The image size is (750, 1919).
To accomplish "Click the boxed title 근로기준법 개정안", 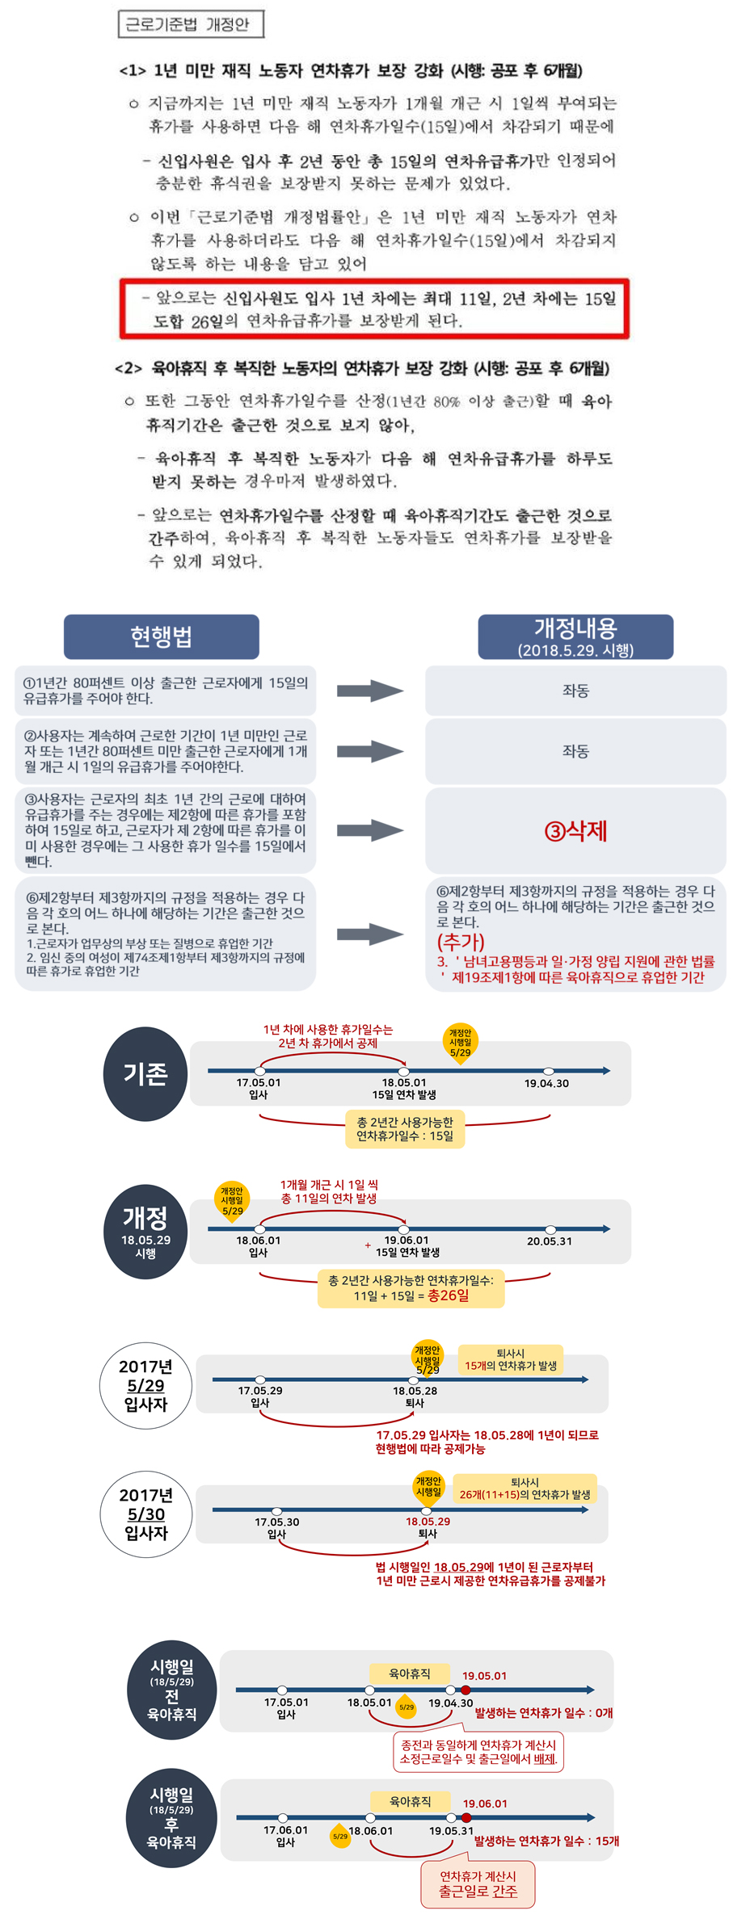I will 191,24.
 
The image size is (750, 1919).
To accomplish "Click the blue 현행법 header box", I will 162,636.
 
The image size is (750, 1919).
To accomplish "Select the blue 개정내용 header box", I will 575,636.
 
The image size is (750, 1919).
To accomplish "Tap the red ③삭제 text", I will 575,830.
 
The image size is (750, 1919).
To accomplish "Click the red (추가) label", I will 461,942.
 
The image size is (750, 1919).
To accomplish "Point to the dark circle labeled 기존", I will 145,1073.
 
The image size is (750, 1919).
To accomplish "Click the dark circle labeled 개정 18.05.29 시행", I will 145,1232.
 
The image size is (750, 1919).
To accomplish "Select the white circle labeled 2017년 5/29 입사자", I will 145,1385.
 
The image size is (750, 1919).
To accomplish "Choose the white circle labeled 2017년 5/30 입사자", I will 146,1514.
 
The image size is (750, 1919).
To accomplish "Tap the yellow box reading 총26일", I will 411,1288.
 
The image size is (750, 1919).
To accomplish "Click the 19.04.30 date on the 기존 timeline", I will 546,1083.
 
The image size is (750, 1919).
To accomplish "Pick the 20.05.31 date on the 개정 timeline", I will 550,1241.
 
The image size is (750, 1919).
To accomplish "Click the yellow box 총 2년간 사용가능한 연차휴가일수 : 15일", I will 405,1129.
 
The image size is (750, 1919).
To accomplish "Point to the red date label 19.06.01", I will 485,1804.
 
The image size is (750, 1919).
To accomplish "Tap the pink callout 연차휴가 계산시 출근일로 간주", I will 478,1884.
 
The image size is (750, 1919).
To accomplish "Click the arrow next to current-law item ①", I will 369,691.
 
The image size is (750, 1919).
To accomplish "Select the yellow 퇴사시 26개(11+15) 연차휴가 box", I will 525,1489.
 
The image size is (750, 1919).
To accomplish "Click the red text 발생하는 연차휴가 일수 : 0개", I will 544,1712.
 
